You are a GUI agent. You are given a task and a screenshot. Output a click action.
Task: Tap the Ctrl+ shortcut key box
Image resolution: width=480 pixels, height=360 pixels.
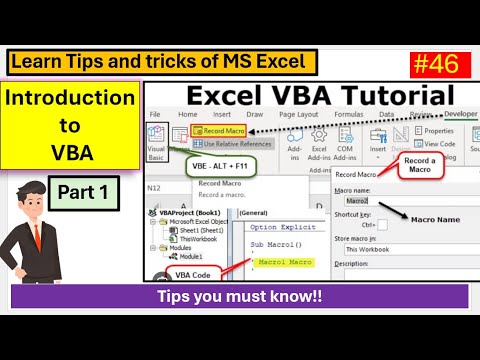[382, 224]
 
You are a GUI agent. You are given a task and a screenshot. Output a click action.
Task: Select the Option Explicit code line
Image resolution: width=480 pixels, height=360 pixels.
[284, 227]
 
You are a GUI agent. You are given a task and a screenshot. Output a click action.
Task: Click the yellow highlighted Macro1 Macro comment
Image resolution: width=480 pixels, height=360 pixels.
[286, 262]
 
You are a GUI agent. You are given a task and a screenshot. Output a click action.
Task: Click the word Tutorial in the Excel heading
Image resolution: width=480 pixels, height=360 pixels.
[391, 97]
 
